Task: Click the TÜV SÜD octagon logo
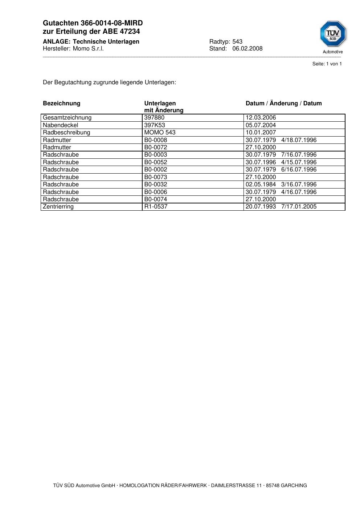333,34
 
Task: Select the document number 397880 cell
154,118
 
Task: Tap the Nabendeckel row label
60,125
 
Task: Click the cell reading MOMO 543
160,133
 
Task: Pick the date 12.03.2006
261,118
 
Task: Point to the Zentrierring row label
58,207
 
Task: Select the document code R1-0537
156,207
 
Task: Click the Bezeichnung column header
61,104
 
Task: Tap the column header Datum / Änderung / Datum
283,104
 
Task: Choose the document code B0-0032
156,185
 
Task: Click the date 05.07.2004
261,125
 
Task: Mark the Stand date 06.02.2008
247,49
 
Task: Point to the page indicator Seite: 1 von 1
327,64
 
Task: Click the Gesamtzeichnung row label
67,118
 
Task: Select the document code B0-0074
156,199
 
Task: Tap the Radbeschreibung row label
66,133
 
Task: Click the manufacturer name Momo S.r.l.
88,49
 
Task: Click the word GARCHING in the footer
294,486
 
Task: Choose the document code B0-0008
156,140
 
